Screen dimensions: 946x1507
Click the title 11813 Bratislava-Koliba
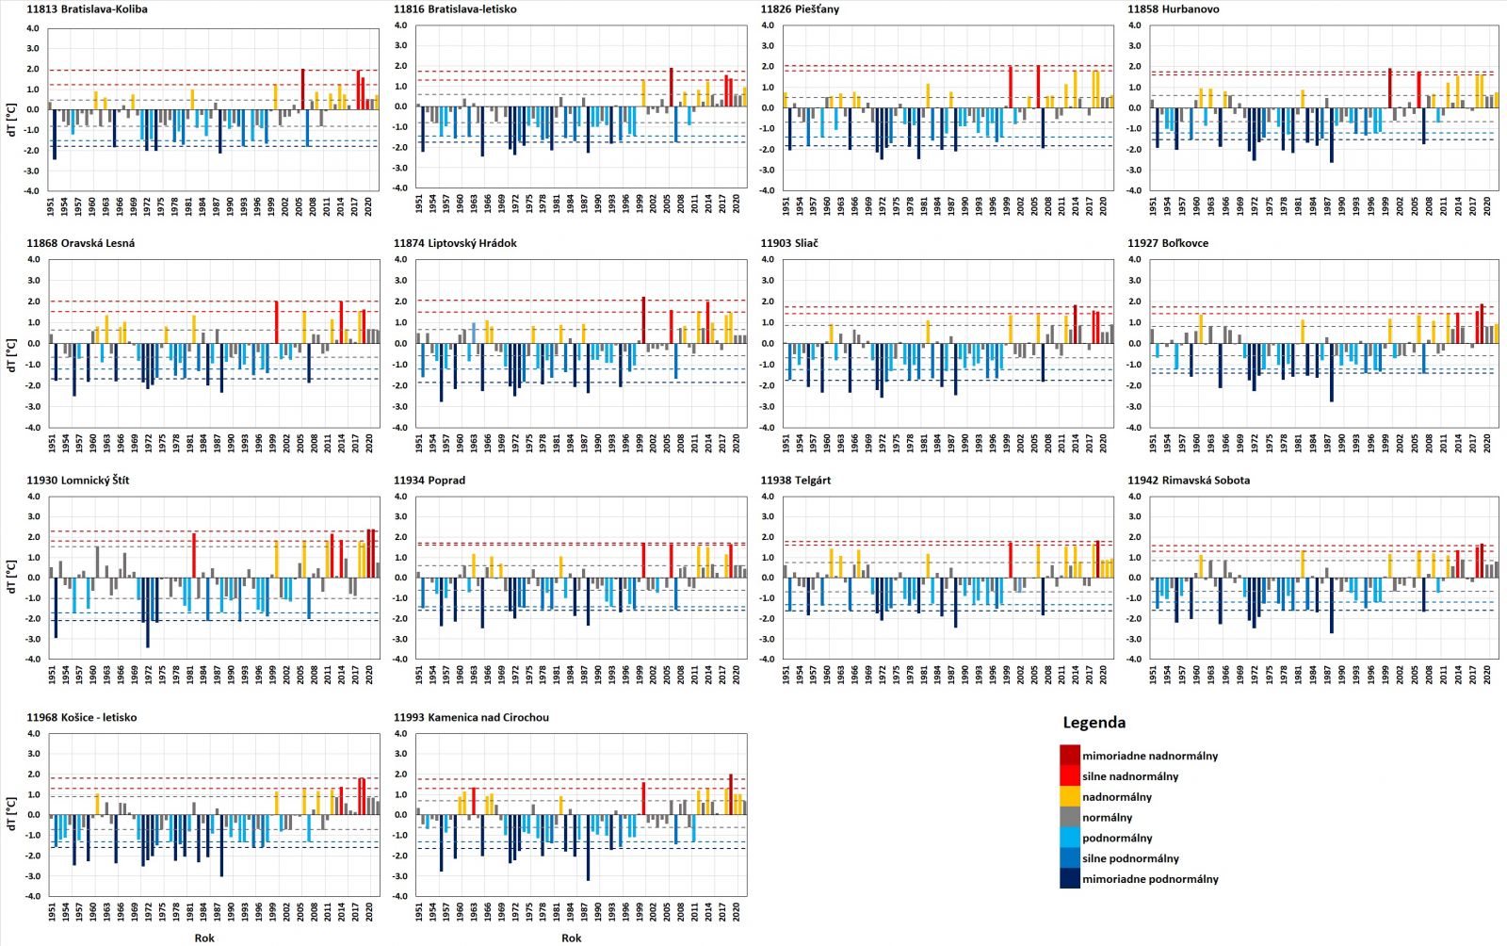(87, 9)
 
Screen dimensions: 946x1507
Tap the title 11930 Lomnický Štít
(78, 481)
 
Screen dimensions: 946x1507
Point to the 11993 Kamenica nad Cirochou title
(471, 718)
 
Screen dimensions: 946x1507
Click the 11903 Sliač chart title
(789, 243)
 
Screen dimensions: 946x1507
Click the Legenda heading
(1094, 723)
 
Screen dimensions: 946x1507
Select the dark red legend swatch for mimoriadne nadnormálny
(1069, 756)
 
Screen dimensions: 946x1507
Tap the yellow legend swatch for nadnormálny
(1069, 797)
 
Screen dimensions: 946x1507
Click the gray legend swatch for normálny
(1069, 818)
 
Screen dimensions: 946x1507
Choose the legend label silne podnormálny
(1130, 858)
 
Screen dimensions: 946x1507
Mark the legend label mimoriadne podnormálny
(1150, 879)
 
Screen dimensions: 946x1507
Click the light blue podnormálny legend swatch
(1069, 838)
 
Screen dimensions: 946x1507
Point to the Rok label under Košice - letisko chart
(204, 938)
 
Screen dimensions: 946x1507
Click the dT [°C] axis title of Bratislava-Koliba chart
(10, 108)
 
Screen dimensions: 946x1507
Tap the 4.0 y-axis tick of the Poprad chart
(400, 497)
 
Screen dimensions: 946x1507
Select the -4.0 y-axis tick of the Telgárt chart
(767, 660)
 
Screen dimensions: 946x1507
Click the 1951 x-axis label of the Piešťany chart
(786, 206)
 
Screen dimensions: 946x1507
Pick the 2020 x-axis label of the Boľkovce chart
(1487, 443)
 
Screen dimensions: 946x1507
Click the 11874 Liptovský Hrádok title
(455, 243)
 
